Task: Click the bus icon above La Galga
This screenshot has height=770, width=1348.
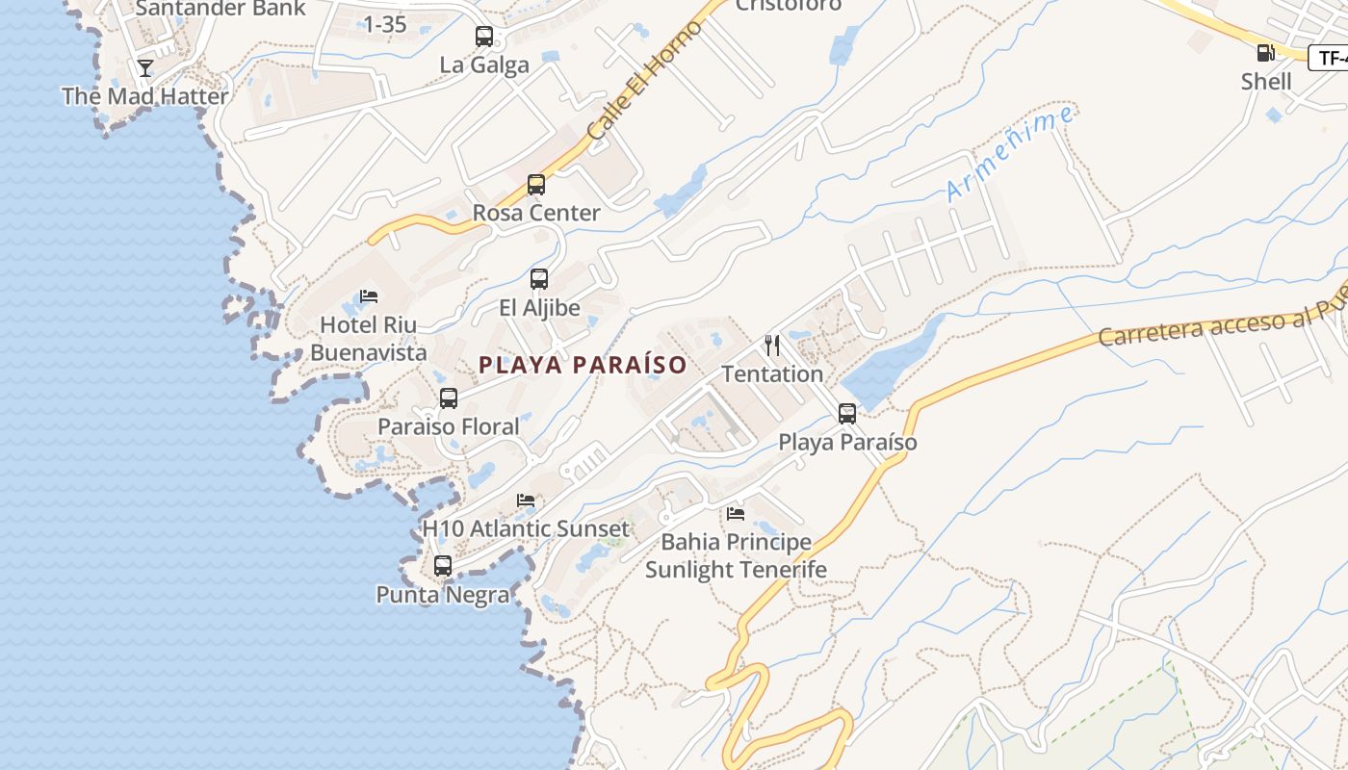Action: tap(484, 37)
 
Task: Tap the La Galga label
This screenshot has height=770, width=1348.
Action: tap(484, 65)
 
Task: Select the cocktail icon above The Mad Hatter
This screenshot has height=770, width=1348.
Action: tap(145, 68)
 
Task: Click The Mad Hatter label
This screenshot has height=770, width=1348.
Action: tap(145, 96)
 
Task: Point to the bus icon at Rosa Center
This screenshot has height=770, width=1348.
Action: tap(536, 185)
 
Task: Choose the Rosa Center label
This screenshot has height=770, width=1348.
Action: tap(536, 213)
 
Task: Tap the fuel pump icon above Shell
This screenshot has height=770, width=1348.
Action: tap(1265, 53)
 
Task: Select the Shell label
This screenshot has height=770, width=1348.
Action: tap(1266, 82)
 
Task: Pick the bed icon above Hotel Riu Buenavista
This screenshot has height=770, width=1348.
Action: tap(369, 296)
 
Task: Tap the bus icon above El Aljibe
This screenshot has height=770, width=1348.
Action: tap(539, 279)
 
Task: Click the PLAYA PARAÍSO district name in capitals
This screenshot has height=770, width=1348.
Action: tap(583, 366)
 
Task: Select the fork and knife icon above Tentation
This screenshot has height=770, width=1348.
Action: tap(772, 346)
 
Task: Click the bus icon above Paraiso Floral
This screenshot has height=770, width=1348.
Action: tap(449, 398)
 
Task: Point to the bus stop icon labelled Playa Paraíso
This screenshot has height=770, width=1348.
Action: tap(847, 414)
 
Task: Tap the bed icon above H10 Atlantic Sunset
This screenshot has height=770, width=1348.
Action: tap(526, 500)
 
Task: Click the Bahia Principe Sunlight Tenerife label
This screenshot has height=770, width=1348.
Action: tap(736, 556)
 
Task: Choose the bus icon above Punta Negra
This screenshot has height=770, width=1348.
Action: tap(443, 566)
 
